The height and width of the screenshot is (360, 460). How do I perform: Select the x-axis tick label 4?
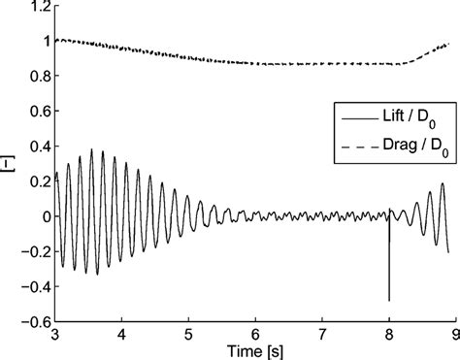(x=122, y=333)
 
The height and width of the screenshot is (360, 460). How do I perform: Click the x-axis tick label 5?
(x=188, y=333)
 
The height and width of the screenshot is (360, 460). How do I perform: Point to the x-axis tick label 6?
(x=255, y=333)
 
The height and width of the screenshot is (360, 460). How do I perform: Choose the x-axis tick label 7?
(x=322, y=333)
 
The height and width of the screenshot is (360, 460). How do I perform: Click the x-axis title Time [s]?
(x=254, y=349)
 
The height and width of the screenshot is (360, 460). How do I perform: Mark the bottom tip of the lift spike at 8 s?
(x=389, y=301)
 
